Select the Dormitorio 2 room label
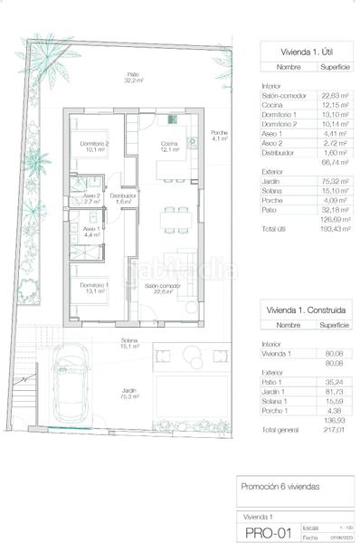click(x=94, y=148)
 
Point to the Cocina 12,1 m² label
click(x=170, y=148)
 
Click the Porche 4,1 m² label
click(x=219, y=136)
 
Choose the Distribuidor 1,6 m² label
click(x=123, y=198)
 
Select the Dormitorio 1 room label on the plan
click(x=94, y=289)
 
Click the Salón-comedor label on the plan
click(x=164, y=289)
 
